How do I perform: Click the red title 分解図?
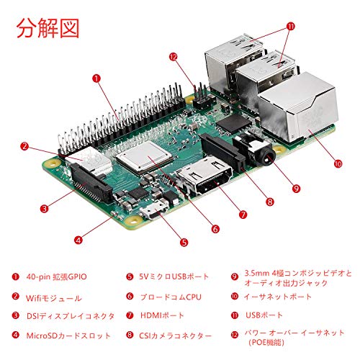[48, 28]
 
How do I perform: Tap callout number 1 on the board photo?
[96, 78]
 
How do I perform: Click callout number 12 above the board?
[173, 57]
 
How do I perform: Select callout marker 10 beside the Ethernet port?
[338, 163]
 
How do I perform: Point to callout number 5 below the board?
[184, 243]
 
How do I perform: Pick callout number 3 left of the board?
[44, 209]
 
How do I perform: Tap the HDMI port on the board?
[204, 176]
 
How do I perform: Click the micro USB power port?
[154, 210]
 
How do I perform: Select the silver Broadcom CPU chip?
[145, 157]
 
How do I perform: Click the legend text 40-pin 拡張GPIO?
[57, 276]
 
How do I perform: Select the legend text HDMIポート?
[162, 315]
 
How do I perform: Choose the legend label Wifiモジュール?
[54, 298]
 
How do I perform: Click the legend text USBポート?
[264, 315]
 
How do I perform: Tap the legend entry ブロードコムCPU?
[171, 297]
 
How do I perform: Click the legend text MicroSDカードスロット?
[68, 336]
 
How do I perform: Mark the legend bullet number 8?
[130, 335]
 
